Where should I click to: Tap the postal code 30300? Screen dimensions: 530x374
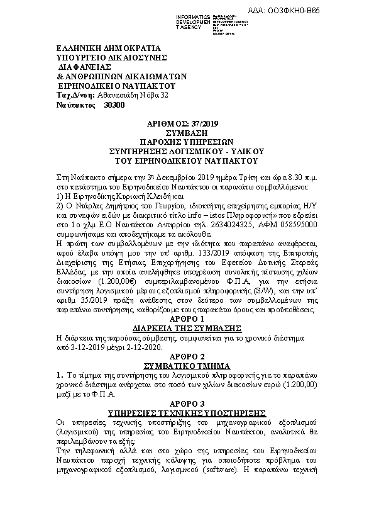(115, 105)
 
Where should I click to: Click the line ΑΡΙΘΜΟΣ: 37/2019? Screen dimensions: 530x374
(187, 127)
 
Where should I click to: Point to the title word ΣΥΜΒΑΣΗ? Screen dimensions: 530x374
(187, 134)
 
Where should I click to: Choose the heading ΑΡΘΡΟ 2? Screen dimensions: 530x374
(187, 356)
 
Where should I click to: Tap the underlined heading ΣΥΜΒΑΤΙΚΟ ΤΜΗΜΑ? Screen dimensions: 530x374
(187, 365)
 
